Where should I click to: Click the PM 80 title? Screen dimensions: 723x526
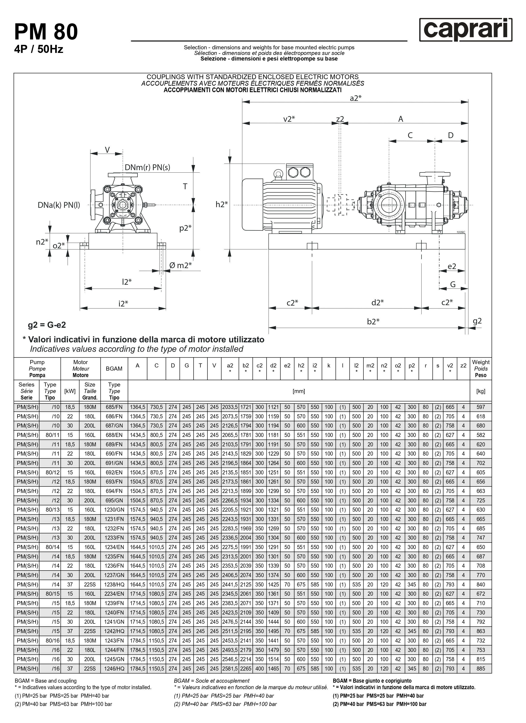(x=46, y=32)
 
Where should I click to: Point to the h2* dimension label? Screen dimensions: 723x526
(x=222, y=204)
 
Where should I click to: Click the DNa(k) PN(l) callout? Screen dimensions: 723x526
(x=59, y=205)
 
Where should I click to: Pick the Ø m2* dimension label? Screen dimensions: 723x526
(x=180, y=265)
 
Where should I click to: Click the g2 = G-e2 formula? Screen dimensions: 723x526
(x=47, y=325)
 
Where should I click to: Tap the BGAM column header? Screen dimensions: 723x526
(x=114, y=369)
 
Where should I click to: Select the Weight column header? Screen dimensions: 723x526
(x=480, y=369)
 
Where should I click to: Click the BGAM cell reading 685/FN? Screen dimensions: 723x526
(x=114, y=407)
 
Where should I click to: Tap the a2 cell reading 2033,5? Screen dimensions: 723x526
(x=230, y=407)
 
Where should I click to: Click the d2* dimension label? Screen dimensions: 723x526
(x=377, y=302)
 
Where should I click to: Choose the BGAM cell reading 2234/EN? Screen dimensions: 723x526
(x=114, y=594)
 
